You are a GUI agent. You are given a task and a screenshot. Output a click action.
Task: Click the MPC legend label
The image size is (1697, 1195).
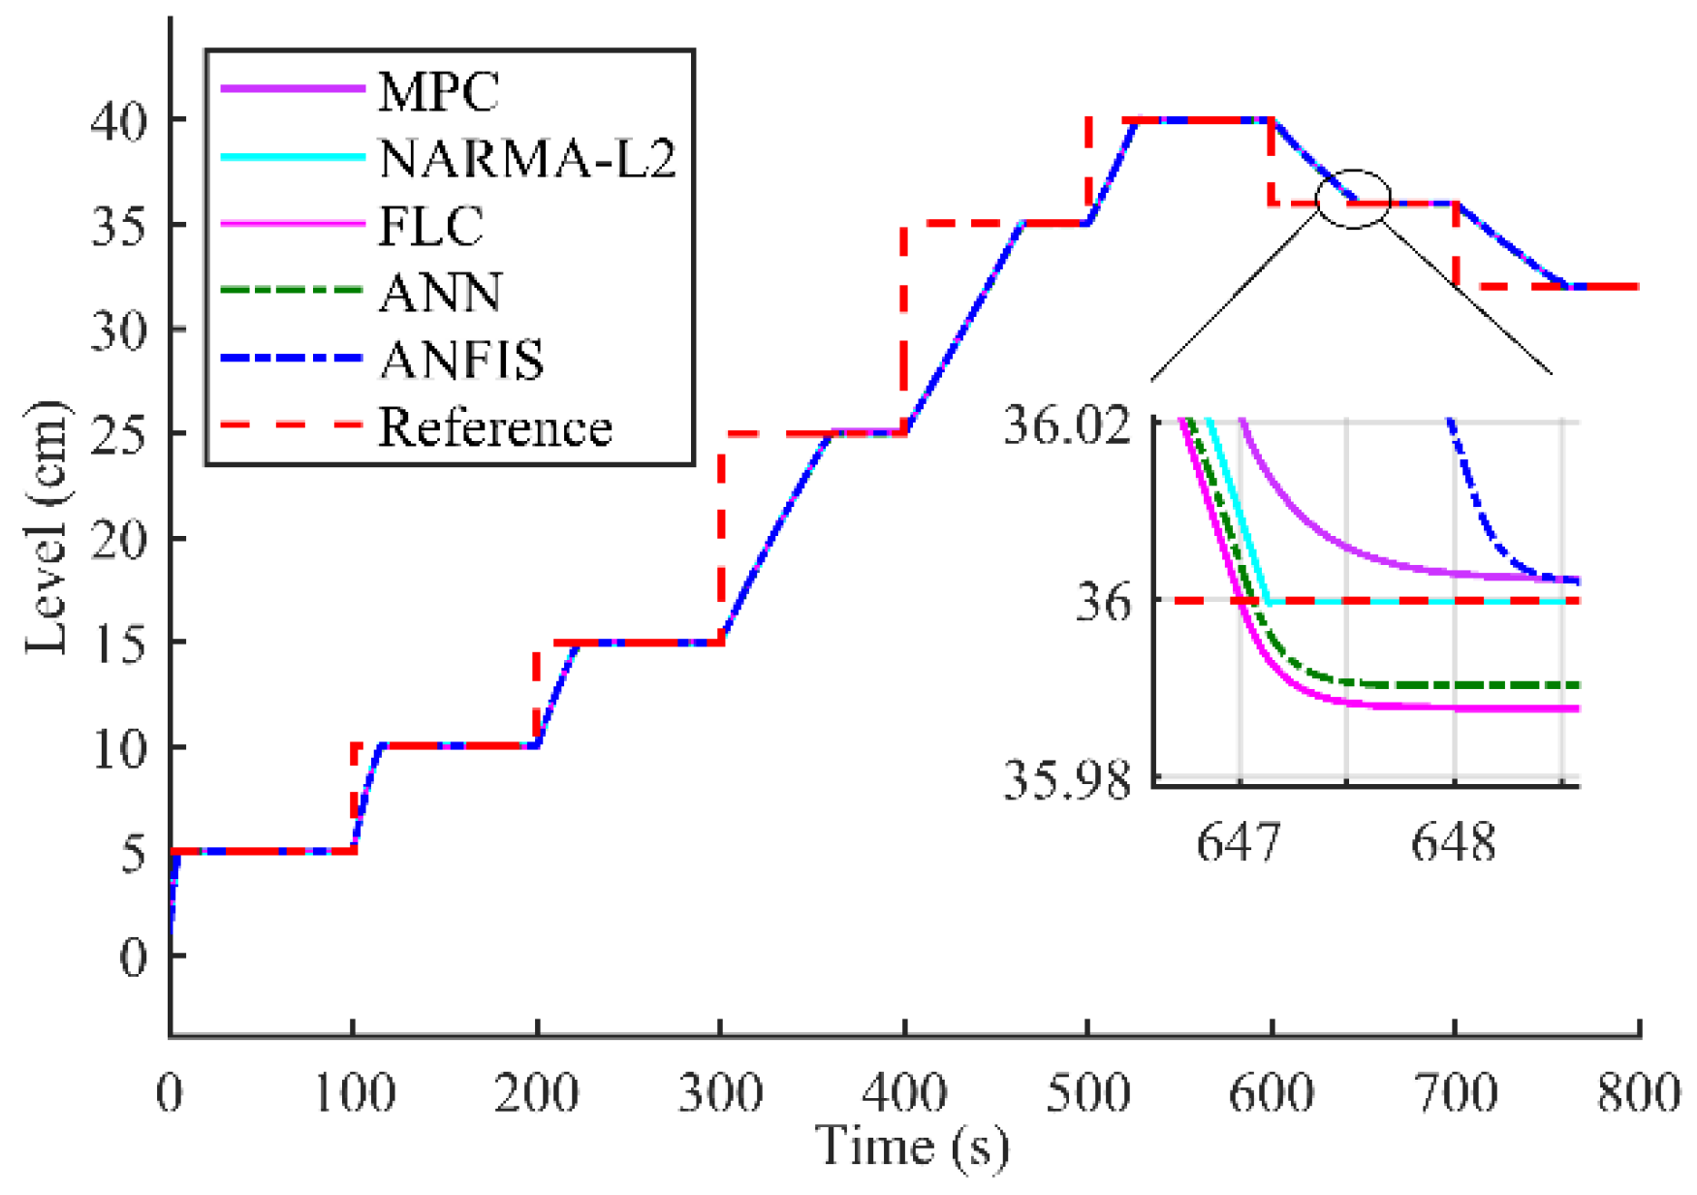pyautogui.click(x=438, y=92)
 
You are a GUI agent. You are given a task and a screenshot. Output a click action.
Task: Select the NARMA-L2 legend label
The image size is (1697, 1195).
pyautogui.click(x=527, y=159)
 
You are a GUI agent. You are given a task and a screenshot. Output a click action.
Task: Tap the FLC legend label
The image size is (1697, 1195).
pyautogui.click(x=430, y=226)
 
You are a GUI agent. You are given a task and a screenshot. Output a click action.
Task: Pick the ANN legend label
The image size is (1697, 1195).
pyautogui.click(x=441, y=293)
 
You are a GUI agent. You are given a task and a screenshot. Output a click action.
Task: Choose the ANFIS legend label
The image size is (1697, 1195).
pyautogui.click(x=461, y=360)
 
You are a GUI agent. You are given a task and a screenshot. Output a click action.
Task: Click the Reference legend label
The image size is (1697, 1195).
pyautogui.click(x=494, y=427)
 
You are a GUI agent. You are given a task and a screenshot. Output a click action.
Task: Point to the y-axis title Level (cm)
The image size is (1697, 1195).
pyautogui.click(x=47, y=528)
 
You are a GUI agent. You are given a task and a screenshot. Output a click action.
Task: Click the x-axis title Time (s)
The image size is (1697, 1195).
pyautogui.click(x=912, y=1147)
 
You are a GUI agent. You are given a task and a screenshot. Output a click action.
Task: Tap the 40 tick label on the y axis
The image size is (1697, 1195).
pyautogui.click(x=119, y=121)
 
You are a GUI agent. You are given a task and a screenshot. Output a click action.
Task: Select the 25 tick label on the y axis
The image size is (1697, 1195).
pyautogui.click(x=119, y=433)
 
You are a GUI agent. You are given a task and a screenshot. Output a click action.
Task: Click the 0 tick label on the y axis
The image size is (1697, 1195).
pyautogui.click(x=134, y=957)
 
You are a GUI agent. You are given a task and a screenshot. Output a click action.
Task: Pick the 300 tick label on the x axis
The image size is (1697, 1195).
pyautogui.click(x=720, y=1094)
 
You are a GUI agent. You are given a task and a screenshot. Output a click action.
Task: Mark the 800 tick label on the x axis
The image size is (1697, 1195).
pyautogui.click(x=1639, y=1094)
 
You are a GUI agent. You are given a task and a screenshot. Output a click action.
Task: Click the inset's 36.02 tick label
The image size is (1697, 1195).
pyautogui.click(x=1067, y=425)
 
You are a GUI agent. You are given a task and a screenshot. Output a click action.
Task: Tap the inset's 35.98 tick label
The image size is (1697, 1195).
pyautogui.click(x=1067, y=779)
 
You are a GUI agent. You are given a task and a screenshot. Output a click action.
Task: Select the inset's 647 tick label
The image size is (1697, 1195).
pyautogui.click(x=1239, y=842)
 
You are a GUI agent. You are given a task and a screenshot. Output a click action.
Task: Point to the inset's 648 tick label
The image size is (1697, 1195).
pyautogui.click(x=1453, y=842)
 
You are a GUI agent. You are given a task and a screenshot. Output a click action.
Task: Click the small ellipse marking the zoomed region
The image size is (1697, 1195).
pyautogui.click(x=1353, y=199)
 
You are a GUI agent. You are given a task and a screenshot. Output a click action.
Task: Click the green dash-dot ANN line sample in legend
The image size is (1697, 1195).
pyautogui.click(x=291, y=291)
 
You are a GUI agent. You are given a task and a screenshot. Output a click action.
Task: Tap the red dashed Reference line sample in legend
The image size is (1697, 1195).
pyautogui.click(x=291, y=425)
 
